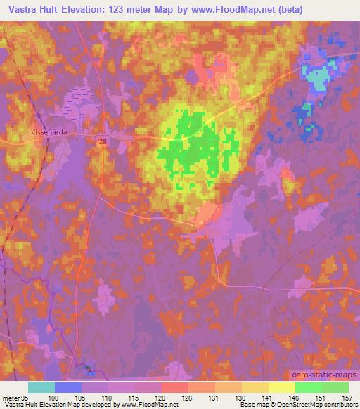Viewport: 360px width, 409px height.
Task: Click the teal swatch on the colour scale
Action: point(41,387)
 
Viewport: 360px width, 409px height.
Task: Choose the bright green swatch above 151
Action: point(308,387)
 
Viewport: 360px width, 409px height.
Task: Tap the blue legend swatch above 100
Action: point(68,387)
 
